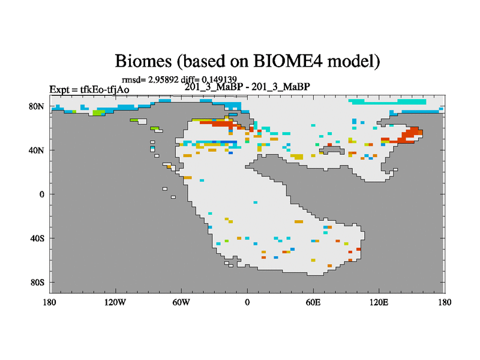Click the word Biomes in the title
point(143,61)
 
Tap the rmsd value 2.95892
point(163,80)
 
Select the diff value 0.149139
point(219,80)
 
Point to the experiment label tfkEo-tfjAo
point(104,89)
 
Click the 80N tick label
point(37,106)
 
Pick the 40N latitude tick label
point(37,151)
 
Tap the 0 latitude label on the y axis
point(41,194)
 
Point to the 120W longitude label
point(115,302)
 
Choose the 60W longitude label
point(181,302)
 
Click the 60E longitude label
point(313,302)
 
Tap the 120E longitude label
point(379,302)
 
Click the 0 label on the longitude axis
point(247,302)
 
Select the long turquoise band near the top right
point(388,101)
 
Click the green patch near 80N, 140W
point(98,112)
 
